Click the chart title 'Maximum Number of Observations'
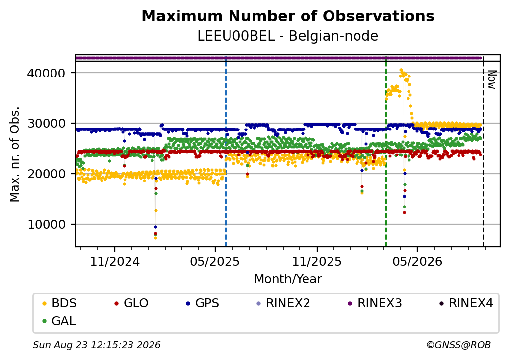288,16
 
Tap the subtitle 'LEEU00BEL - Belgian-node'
288,36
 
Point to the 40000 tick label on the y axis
46,73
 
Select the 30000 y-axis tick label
46,124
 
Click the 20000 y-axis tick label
46,174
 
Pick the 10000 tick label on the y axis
46,225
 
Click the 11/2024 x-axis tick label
114,261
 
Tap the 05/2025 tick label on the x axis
215,261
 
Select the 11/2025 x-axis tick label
317,261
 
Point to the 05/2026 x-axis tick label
417,261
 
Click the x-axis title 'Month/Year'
288,279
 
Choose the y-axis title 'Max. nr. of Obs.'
15,154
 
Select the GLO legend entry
131,303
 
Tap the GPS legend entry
203,303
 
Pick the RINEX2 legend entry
283,303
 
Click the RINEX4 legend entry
466,303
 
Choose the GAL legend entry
59,321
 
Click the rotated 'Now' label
492,79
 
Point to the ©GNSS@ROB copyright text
459,345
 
